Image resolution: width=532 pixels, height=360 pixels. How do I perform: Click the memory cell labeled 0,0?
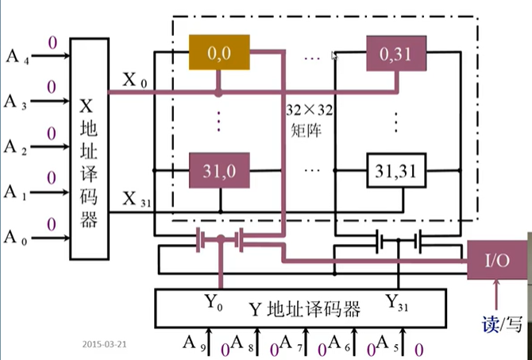coord(219,52)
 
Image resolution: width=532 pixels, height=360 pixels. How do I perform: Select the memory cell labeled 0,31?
coord(396,53)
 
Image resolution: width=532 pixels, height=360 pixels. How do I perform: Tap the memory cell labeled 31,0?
coord(219,170)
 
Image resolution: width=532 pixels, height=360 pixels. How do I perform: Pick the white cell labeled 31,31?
coord(396,171)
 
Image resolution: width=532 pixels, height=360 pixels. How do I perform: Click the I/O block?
coord(497,260)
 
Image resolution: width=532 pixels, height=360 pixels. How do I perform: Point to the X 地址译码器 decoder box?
coord(89,149)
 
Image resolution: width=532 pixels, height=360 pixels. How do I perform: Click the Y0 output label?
coord(214,302)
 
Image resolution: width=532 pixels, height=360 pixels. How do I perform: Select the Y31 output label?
coord(397,302)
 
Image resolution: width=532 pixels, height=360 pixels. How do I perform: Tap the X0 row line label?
coord(135,81)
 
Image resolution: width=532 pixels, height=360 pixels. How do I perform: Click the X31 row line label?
coord(137,199)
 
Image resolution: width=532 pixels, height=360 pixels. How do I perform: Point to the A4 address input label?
coord(17,56)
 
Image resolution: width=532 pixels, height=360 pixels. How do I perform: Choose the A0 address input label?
coord(16,238)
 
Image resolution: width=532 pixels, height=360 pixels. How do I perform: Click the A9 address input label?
coord(194,343)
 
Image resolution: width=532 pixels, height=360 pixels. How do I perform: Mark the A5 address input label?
coord(387,343)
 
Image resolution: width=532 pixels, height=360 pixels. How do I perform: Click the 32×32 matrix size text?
coord(310,110)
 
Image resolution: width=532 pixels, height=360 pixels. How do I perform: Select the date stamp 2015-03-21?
coord(104,344)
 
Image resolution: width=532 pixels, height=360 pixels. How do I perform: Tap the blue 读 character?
coord(490,324)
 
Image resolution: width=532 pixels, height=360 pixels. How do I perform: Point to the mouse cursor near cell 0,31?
coord(334,56)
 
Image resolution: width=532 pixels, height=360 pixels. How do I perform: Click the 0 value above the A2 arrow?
coord(52,134)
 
